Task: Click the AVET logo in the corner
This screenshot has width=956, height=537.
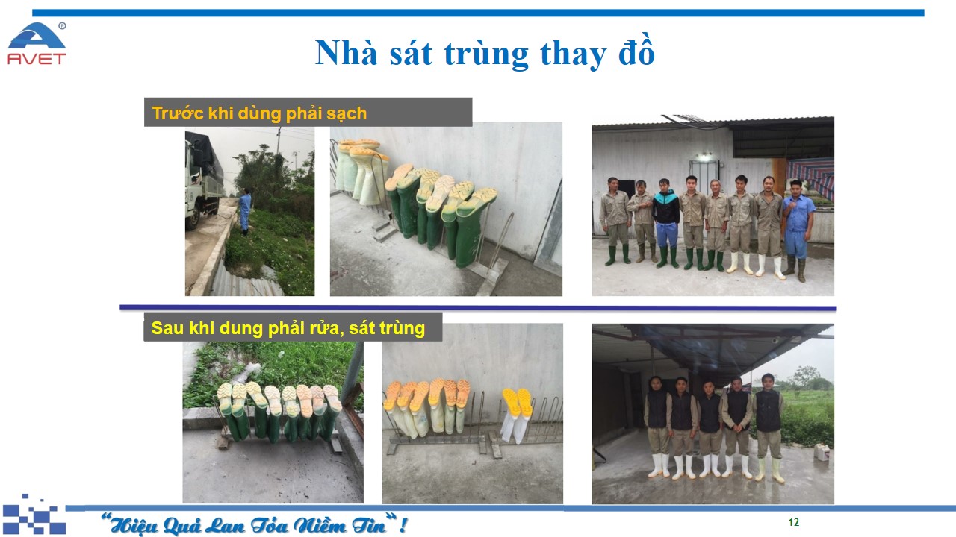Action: pyautogui.click(x=37, y=44)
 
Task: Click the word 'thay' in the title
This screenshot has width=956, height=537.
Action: pyautogui.click(x=573, y=54)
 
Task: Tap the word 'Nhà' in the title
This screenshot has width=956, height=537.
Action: pyautogui.click(x=346, y=52)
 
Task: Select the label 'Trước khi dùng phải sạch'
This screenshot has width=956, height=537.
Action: pyautogui.click(x=259, y=113)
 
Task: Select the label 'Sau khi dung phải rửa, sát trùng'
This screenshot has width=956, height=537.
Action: pyautogui.click(x=288, y=328)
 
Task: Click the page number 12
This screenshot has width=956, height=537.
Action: pyautogui.click(x=793, y=522)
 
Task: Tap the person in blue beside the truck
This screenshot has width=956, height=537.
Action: pyautogui.click(x=244, y=212)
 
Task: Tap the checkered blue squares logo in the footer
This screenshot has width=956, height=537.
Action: pyautogui.click(x=34, y=515)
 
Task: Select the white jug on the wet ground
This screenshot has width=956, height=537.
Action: pyautogui.click(x=822, y=451)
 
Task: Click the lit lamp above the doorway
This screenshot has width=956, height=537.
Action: pyautogui.click(x=704, y=157)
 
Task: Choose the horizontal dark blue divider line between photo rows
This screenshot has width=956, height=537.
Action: pyautogui.click(x=478, y=307)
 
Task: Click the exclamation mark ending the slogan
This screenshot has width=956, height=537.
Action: pyautogui.click(x=403, y=524)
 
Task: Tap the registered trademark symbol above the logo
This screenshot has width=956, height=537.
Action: pyautogui.click(x=62, y=26)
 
